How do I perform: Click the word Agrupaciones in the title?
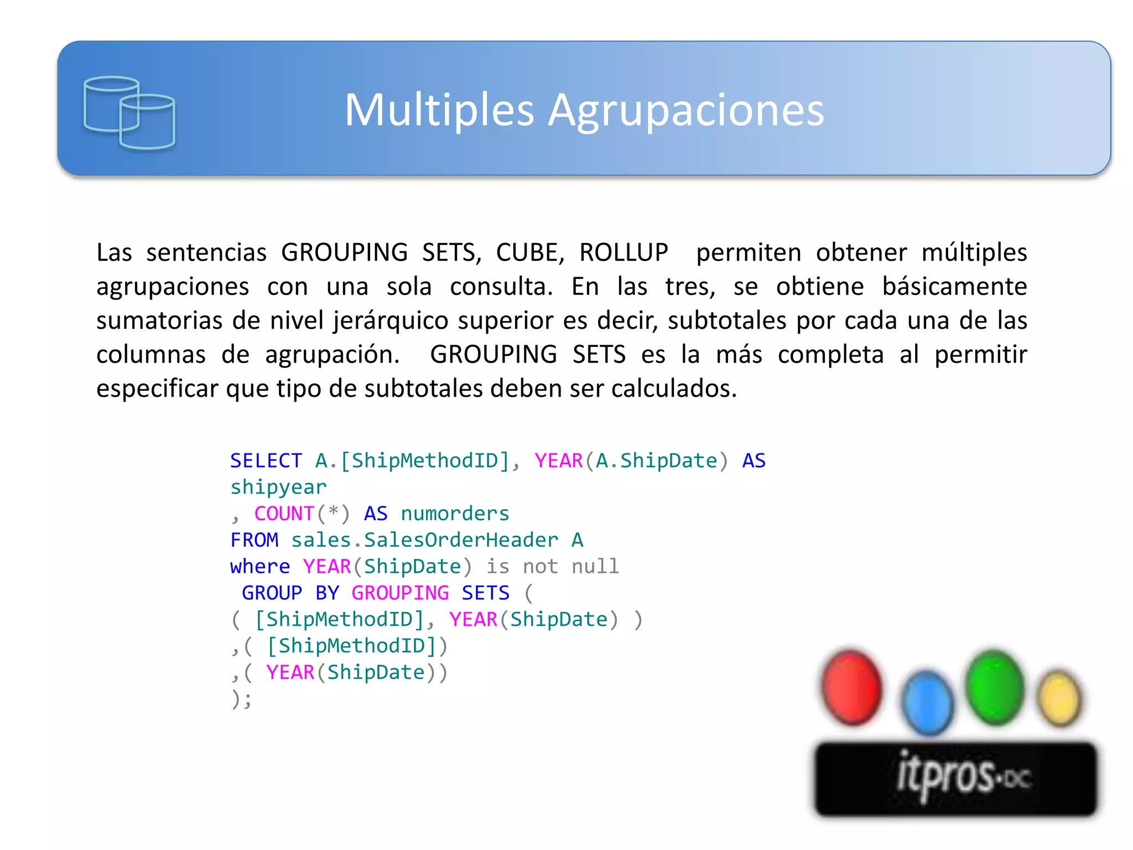(x=685, y=111)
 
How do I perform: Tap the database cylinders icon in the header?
(x=129, y=113)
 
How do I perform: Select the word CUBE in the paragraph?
(x=529, y=252)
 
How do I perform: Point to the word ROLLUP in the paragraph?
(x=623, y=252)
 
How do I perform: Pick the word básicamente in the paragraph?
(x=954, y=287)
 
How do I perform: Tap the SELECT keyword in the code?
(x=266, y=460)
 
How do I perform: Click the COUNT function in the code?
(x=284, y=514)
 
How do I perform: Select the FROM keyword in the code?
(x=254, y=540)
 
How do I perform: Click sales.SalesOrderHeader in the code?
(x=424, y=540)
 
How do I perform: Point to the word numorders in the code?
(x=455, y=514)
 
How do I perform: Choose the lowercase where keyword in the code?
(x=260, y=567)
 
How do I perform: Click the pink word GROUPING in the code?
(x=400, y=593)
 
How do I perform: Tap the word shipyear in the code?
(x=278, y=487)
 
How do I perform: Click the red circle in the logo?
(x=851, y=687)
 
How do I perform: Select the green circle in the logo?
(x=994, y=687)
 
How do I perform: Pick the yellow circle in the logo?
(x=1059, y=698)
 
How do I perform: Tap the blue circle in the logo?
(x=927, y=702)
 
